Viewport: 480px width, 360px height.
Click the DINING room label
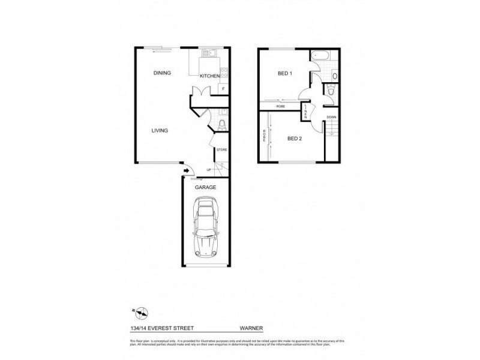click(162, 73)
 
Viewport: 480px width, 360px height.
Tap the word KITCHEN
click(210, 76)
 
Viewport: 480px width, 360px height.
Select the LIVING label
click(159, 131)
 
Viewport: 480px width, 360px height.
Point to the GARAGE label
click(205, 187)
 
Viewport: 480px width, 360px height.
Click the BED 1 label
click(284, 74)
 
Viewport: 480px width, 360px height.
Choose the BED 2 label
click(294, 139)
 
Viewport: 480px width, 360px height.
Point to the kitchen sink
click(209, 53)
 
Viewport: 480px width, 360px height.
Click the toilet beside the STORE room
click(221, 124)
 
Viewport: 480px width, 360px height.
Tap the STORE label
click(221, 149)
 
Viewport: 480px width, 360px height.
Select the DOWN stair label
click(332, 117)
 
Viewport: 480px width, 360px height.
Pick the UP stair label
click(209, 170)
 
